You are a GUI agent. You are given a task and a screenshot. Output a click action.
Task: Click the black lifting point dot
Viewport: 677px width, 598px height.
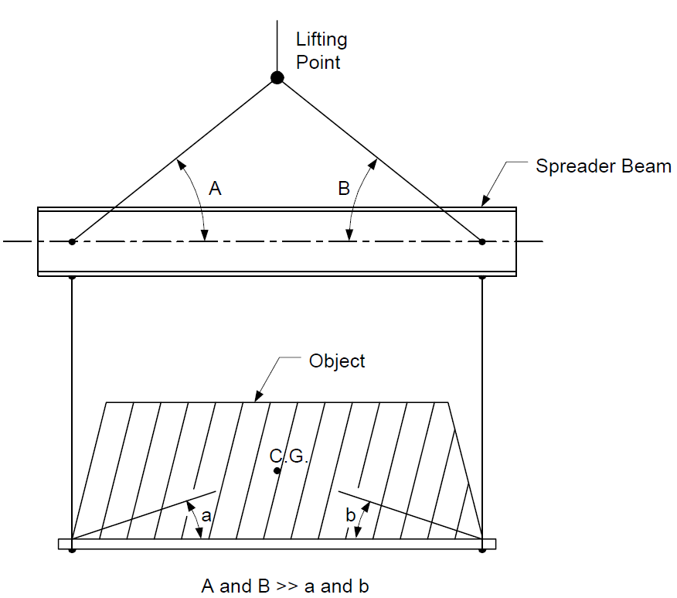277,78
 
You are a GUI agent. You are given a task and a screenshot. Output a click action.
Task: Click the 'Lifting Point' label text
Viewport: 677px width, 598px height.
321,50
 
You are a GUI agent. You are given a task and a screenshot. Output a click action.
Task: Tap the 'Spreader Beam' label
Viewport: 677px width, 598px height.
603,166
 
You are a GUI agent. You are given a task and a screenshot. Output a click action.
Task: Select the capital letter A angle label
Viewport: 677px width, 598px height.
215,189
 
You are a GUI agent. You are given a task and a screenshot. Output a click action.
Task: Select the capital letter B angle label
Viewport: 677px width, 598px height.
344,189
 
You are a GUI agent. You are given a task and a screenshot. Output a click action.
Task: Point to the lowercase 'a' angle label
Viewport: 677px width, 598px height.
206,515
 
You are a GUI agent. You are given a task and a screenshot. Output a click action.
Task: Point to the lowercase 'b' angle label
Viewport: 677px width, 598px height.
351,514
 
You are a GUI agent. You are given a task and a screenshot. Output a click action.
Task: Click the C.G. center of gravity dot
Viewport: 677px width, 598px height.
277,470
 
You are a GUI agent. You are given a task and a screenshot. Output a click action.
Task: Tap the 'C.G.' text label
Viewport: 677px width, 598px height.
288,456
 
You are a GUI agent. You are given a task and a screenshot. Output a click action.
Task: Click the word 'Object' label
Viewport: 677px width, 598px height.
337,361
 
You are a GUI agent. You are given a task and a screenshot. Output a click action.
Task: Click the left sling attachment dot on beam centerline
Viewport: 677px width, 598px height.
72,241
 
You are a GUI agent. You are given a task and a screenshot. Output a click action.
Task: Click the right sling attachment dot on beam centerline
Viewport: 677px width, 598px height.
482,241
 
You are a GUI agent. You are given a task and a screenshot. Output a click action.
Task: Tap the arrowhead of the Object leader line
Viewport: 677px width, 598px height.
259,396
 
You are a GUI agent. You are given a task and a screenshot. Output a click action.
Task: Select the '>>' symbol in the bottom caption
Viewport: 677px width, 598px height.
287,586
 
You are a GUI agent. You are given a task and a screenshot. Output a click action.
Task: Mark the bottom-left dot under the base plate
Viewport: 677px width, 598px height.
72,550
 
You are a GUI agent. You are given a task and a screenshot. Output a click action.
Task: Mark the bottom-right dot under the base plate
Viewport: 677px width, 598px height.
482,550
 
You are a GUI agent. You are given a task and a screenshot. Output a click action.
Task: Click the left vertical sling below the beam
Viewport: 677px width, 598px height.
72,408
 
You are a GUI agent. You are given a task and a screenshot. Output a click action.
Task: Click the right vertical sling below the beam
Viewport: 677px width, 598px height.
482,408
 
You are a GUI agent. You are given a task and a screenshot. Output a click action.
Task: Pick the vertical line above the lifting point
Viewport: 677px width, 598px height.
277,46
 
